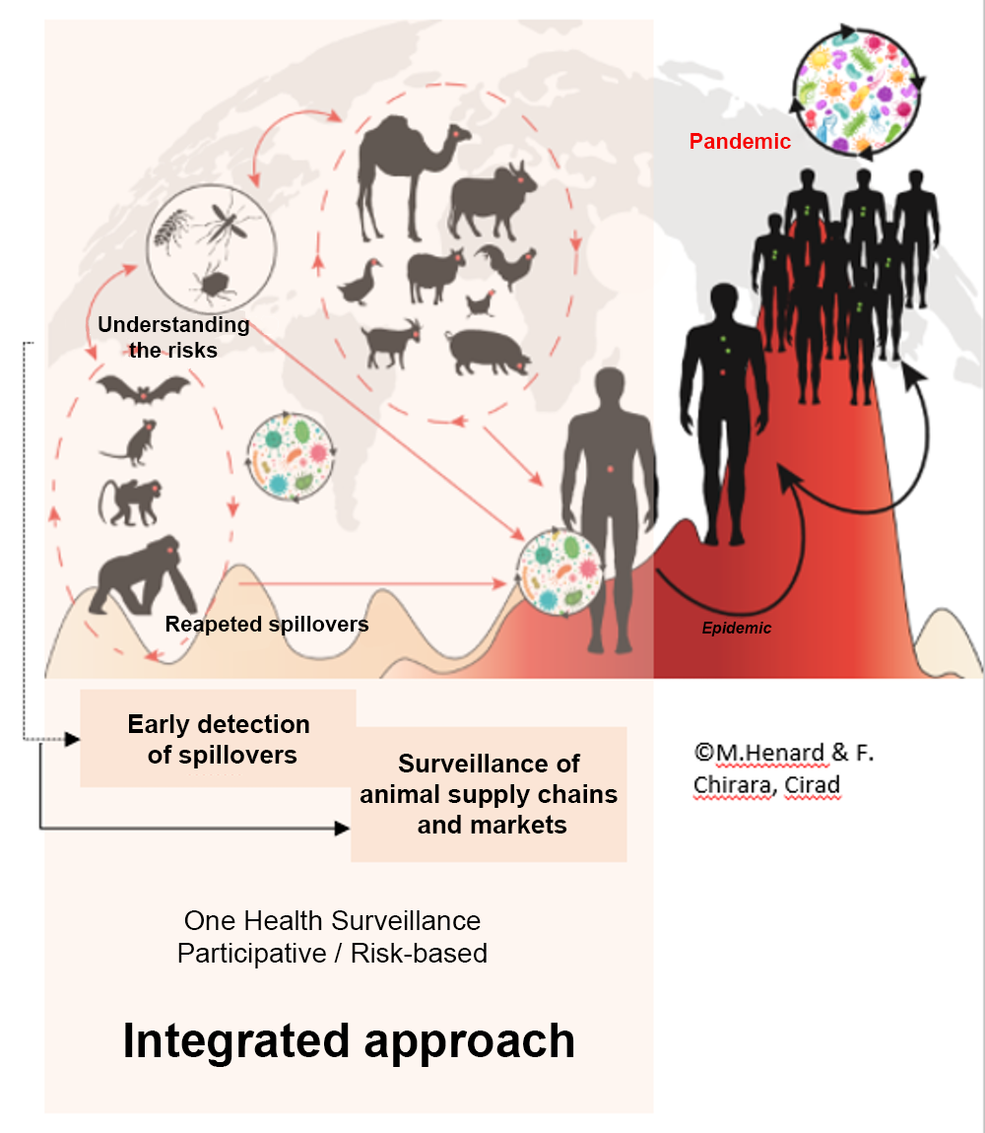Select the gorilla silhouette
tap(138, 576)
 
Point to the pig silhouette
tap(487, 351)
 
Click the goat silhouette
tap(392, 345)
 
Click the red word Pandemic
tap(740, 142)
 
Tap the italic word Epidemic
tap(738, 628)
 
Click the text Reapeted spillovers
tap(267, 625)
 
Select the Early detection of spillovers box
tap(219, 739)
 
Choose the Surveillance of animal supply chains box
tap(489, 794)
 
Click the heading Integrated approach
tap(349, 1041)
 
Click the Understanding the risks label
tap(173, 337)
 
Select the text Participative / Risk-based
tap(332, 954)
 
